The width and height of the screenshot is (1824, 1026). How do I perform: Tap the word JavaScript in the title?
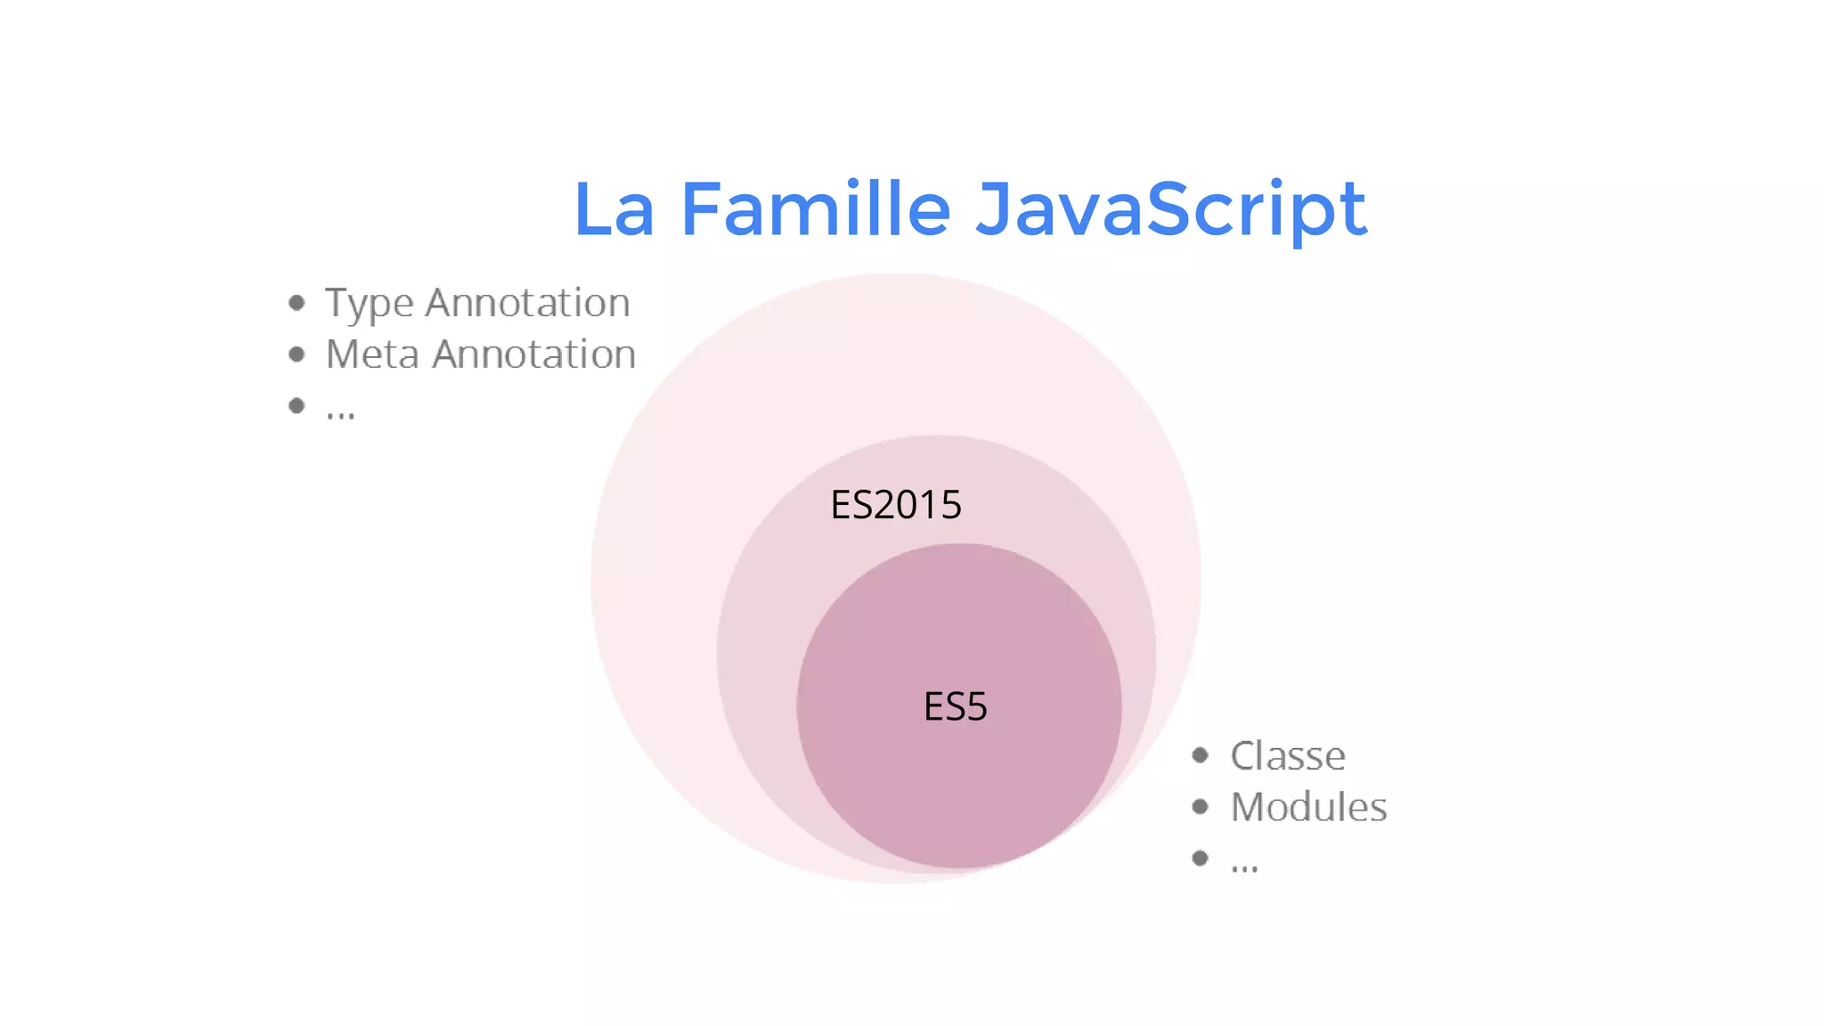point(1170,209)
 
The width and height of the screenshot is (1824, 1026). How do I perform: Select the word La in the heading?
point(615,209)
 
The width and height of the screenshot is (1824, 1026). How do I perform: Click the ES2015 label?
point(896,505)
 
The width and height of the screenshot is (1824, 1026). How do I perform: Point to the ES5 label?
point(956,707)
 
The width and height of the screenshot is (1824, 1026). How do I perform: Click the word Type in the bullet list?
point(369,304)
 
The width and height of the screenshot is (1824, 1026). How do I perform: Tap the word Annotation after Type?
point(527,303)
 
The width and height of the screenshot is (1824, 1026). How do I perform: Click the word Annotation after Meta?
point(534,354)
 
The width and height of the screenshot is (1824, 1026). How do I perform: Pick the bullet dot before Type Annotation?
point(297,304)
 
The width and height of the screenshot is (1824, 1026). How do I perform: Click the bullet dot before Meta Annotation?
point(297,354)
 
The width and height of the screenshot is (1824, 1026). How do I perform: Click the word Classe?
point(1288,756)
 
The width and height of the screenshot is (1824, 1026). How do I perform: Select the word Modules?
point(1308,808)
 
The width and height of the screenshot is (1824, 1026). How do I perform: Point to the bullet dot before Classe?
point(1201,756)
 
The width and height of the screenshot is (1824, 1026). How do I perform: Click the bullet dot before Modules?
point(1201,807)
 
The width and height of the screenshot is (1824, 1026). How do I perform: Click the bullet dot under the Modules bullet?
point(1201,858)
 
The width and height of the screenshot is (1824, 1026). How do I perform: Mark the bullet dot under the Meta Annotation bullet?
point(297,406)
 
